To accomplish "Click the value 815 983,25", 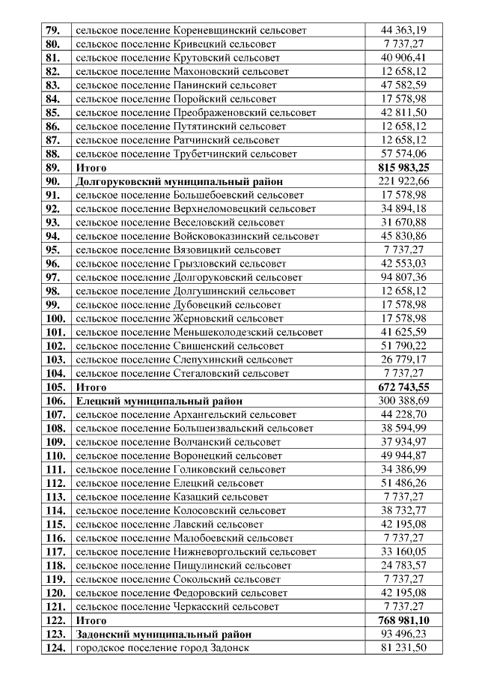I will coord(403,167).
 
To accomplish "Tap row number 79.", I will coord(53,31).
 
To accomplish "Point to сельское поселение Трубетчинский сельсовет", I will coord(186,154).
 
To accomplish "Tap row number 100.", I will coord(55,318).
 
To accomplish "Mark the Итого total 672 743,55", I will coord(403,387).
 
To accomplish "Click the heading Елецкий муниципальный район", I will coord(159,401).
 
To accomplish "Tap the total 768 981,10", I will coord(403,620).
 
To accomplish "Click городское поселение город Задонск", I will coord(162,648).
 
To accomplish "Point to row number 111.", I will coord(55,470).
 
